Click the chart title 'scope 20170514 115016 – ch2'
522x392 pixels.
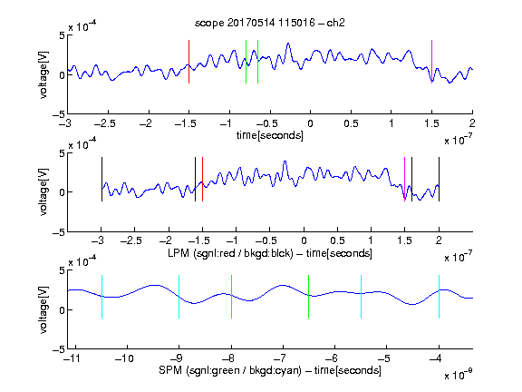pos(270,23)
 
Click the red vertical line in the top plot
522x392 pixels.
pos(188,62)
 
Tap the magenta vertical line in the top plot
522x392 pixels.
pos(431,62)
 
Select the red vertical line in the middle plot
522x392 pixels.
pos(202,180)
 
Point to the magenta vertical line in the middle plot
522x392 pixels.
pos(404,180)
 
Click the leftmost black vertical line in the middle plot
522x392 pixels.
pos(101,180)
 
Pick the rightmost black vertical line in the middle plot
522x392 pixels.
pos(439,180)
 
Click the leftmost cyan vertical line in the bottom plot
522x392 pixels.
pos(101,297)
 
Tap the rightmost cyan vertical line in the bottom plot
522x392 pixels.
pos(439,297)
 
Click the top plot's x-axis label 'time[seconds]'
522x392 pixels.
pos(270,135)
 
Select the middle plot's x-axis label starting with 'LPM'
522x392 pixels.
pos(270,253)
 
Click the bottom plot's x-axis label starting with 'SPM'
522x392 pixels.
pos(270,370)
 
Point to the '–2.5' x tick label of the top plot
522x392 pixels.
pos(105,123)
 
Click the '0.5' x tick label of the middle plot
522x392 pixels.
pos(337,240)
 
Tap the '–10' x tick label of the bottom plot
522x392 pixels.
pos(124,358)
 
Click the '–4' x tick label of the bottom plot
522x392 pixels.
pos(435,358)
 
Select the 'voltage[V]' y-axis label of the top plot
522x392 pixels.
pos(43,74)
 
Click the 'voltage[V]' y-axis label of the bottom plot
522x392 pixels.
pos(43,309)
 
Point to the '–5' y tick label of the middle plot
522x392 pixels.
pos(59,232)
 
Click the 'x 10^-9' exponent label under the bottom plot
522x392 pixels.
pos(459,375)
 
